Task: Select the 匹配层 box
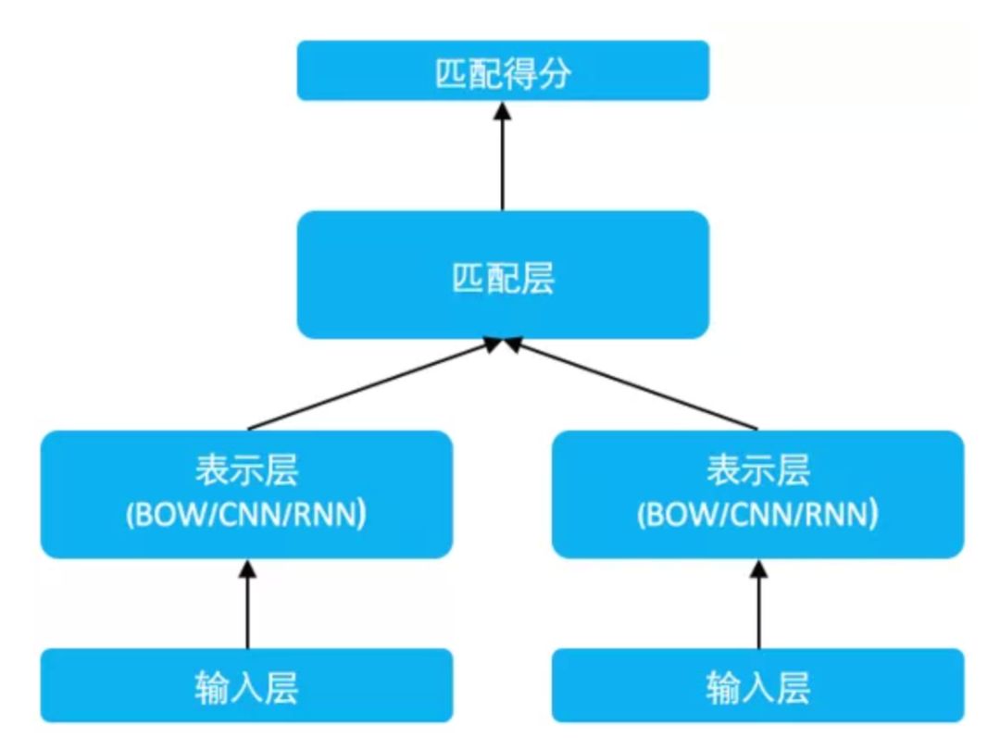[503, 274]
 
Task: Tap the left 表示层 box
[246, 494]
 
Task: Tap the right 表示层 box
[757, 494]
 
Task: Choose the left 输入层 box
[246, 686]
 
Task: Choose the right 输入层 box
[757, 686]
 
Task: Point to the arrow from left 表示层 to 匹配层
[370, 385]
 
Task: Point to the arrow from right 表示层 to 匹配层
[634, 385]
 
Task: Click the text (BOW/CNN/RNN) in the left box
[246, 516]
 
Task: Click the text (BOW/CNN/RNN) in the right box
[757, 516]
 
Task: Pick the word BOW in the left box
[171, 516]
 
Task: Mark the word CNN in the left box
[246, 516]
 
